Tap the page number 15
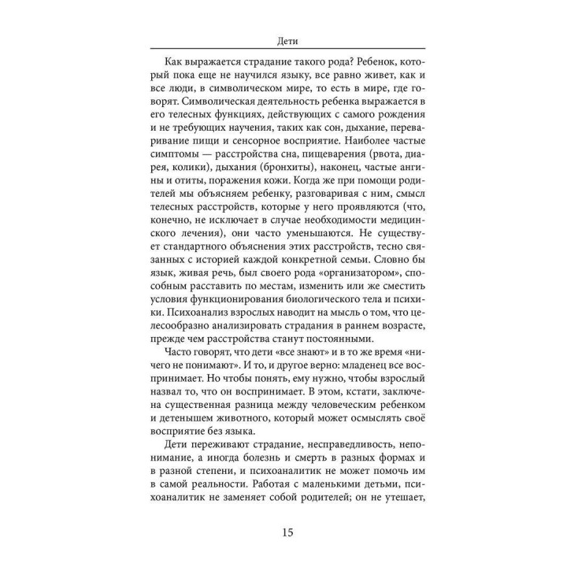point(283,533)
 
